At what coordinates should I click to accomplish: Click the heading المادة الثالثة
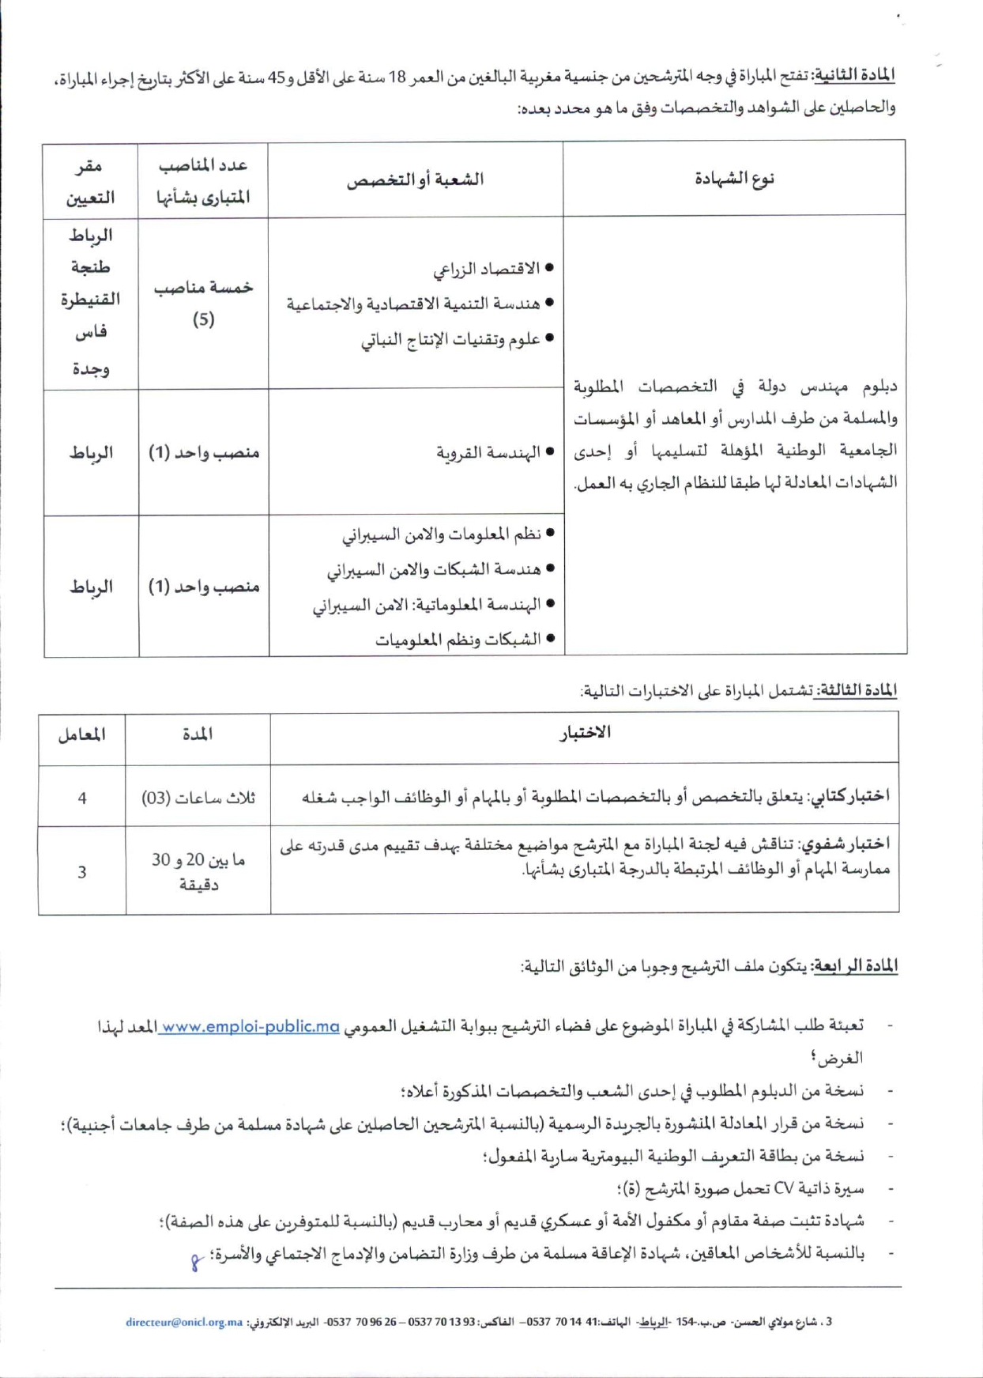(858, 690)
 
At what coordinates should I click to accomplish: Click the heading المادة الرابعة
(857, 966)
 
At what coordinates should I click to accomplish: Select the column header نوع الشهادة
(734, 179)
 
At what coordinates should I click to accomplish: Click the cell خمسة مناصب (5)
(203, 303)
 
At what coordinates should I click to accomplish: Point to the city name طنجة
(90, 267)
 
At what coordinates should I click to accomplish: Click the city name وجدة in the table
(90, 368)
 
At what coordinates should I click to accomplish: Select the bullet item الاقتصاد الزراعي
(486, 269)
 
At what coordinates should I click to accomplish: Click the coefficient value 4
(82, 798)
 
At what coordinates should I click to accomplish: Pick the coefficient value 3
(82, 872)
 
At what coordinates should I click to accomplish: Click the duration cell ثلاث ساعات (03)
(198, 798)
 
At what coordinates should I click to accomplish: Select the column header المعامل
(81, 735)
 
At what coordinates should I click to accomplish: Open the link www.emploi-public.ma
(250, 1027)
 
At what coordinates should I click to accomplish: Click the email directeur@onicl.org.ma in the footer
(184, 1322)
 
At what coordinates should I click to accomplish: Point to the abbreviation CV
(783, 1188)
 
